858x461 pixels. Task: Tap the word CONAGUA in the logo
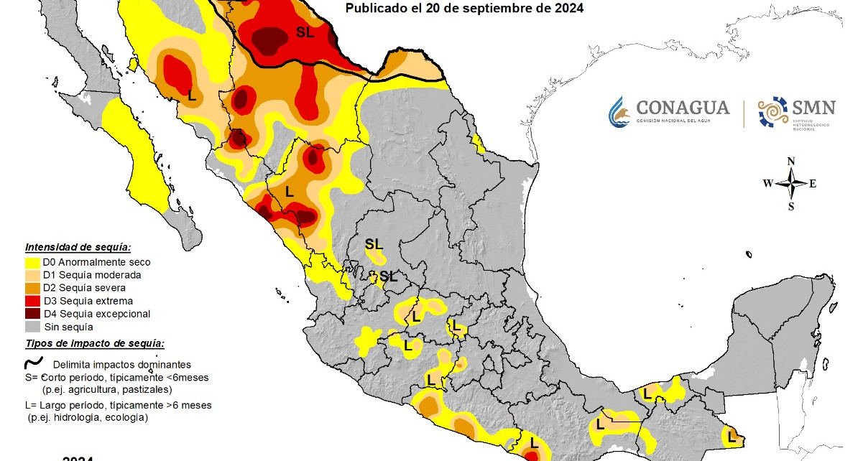coord(683,108)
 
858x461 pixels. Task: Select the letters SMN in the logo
coord(813,108)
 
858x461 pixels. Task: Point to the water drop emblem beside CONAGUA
coord(619,112)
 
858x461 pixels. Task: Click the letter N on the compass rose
coord(790,161)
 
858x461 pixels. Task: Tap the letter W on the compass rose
coord(768,183)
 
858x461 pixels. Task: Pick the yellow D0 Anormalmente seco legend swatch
coord(33,262)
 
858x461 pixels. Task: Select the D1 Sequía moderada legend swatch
coord(33,275)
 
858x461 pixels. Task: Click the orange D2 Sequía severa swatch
coord(33,288)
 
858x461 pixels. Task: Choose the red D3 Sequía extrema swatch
coord(33,301)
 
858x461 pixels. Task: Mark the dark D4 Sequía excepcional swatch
coord(33,314)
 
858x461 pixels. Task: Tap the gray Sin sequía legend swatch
coord(33,327)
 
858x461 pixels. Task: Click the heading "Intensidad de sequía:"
coord(78,247)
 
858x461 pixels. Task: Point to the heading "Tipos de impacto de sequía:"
coord(94,343)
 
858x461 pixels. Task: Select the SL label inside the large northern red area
coord(305,32)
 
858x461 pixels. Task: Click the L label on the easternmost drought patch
coord(732,435)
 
